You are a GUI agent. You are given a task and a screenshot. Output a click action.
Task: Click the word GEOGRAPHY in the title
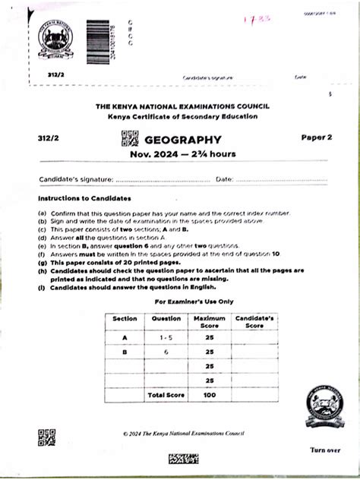tap(183, 140)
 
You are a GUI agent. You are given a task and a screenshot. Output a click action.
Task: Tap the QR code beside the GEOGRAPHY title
tap(130, 139)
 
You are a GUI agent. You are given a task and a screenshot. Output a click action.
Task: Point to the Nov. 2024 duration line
tap(182, 154)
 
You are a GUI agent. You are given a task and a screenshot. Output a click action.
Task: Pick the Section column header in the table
tap(125, 318)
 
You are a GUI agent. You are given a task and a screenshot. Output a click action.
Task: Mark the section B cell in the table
tap(125, 351)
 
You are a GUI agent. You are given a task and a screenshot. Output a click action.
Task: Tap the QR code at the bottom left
tap(46, 437)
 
